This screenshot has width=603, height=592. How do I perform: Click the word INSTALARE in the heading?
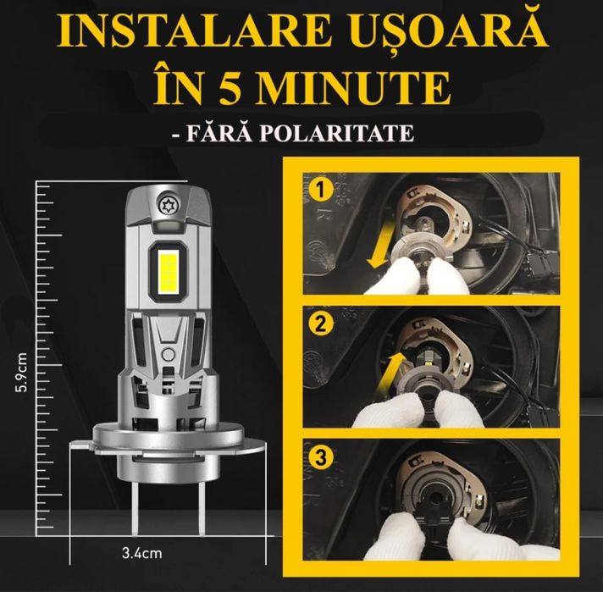click(194, 31)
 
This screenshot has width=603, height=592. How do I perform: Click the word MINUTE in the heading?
click(354, 87)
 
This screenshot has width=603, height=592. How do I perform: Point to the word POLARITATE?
click(338, 134)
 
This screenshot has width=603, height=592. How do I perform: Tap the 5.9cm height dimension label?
click(21, 372)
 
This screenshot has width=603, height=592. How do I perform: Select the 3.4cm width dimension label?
click(142, 554)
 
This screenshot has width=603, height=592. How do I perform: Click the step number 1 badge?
click(320, 191)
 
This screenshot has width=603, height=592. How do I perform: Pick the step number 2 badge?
click(320, 324)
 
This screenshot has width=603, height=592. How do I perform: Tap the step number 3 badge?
click(320, 457)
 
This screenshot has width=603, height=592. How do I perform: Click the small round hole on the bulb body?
click(168, 353)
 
